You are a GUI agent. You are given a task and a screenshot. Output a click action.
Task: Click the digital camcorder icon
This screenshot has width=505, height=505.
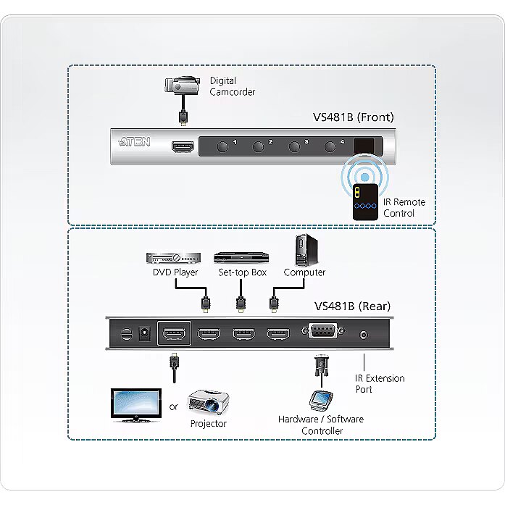point(181,86)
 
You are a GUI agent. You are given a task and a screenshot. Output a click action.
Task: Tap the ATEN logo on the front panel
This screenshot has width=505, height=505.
point(135,142)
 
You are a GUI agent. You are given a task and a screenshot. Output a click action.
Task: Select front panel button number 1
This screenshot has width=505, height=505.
point(222,146)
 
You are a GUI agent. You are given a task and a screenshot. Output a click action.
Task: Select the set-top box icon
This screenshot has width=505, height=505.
point(241,257)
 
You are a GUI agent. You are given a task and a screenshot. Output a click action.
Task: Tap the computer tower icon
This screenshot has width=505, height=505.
point(303,251)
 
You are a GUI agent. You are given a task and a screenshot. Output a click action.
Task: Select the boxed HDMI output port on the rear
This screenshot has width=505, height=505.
point(174,334)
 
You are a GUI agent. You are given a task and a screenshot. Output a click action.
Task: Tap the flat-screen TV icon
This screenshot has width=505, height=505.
point(135,405)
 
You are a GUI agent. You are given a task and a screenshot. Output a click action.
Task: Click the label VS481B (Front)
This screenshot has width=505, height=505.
point(353,117)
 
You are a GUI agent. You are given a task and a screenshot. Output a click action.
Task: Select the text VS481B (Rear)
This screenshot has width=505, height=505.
point(353,306)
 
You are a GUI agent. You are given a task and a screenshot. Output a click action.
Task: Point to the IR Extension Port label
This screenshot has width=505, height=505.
point(380,383)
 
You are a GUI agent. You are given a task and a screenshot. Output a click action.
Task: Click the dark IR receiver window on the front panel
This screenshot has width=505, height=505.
point(364,145)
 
